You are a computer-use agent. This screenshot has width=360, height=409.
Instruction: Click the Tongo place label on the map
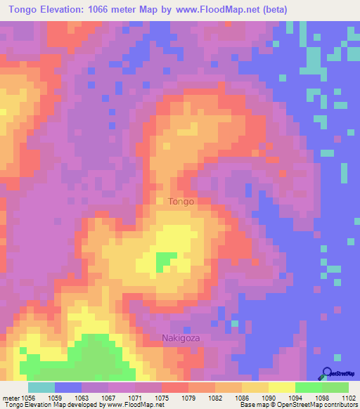point(181,202)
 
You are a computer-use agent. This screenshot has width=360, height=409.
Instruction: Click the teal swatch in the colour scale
point(41,387)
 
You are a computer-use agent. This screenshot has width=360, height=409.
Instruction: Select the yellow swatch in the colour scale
point(282,387)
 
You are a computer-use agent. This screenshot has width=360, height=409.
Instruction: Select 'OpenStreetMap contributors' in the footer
point(323,405)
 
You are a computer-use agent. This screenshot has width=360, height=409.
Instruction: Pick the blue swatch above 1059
point(68,387)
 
